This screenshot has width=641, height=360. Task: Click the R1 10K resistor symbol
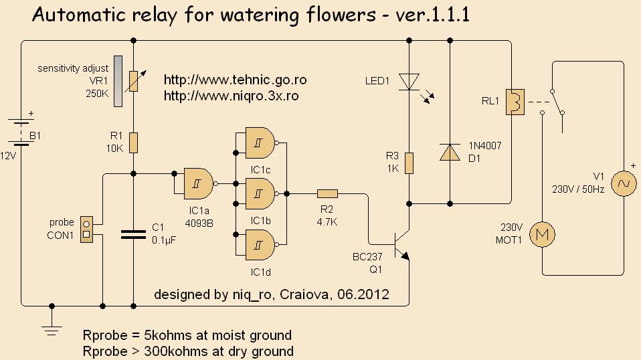pyautogui.click(x=133, y=143)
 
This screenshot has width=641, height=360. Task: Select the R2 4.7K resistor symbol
pyautogui.click(x=328, y=194)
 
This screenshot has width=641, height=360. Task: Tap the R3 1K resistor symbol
pyautogui.click(x=409, y=163)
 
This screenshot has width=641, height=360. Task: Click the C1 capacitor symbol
pyautogui.click(x=133, y=234)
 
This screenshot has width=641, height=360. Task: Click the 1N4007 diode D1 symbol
pyautogui.click(x=449, y=153)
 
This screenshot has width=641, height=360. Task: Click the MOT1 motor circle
pyautogui.click(x=543, y=234)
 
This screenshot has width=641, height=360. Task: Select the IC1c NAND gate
pyautogui.click(x=261, y=142)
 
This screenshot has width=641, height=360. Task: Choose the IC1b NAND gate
pyautogui.click(x=261, y=194)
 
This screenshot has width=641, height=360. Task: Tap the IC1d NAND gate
pyautogui.click(x=261, y=246)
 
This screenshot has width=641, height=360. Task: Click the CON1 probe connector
pyautogui.click(x=86, y=229)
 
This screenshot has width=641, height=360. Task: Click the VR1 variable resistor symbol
pyautogui.click(x=133, y=80)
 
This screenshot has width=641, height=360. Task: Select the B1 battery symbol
pyautogui.click(x=21, y=132)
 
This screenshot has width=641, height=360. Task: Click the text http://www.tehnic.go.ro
pyautogui.click(x=235, y=80)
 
